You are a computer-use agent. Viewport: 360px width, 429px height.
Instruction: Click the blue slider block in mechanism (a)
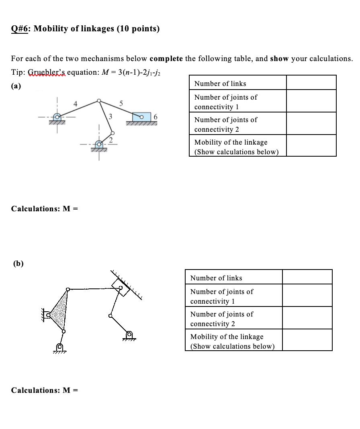point(141,117)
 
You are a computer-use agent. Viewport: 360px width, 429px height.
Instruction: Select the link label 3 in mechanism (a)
point(110,117)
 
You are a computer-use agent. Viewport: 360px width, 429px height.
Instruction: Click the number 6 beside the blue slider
point(156,117)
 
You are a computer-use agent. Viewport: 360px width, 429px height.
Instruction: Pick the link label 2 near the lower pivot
point(111,139)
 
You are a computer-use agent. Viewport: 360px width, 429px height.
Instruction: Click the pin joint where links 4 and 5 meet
point(99,101)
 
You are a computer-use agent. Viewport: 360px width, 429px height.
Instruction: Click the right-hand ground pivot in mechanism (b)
point(129,335)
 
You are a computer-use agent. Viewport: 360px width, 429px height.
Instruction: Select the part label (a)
point(16,86)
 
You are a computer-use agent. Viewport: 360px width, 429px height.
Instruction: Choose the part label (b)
point(18,264)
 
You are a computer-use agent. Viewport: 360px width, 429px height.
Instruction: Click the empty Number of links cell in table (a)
point(311,83)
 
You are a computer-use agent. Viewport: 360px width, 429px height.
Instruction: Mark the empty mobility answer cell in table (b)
point(307,341)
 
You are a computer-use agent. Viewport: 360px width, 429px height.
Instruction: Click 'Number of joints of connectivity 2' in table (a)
point(226,125)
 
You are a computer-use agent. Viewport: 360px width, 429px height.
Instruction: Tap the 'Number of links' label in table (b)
point(216,278)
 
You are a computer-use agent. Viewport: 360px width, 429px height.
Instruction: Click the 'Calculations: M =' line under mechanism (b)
point(44,390)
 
